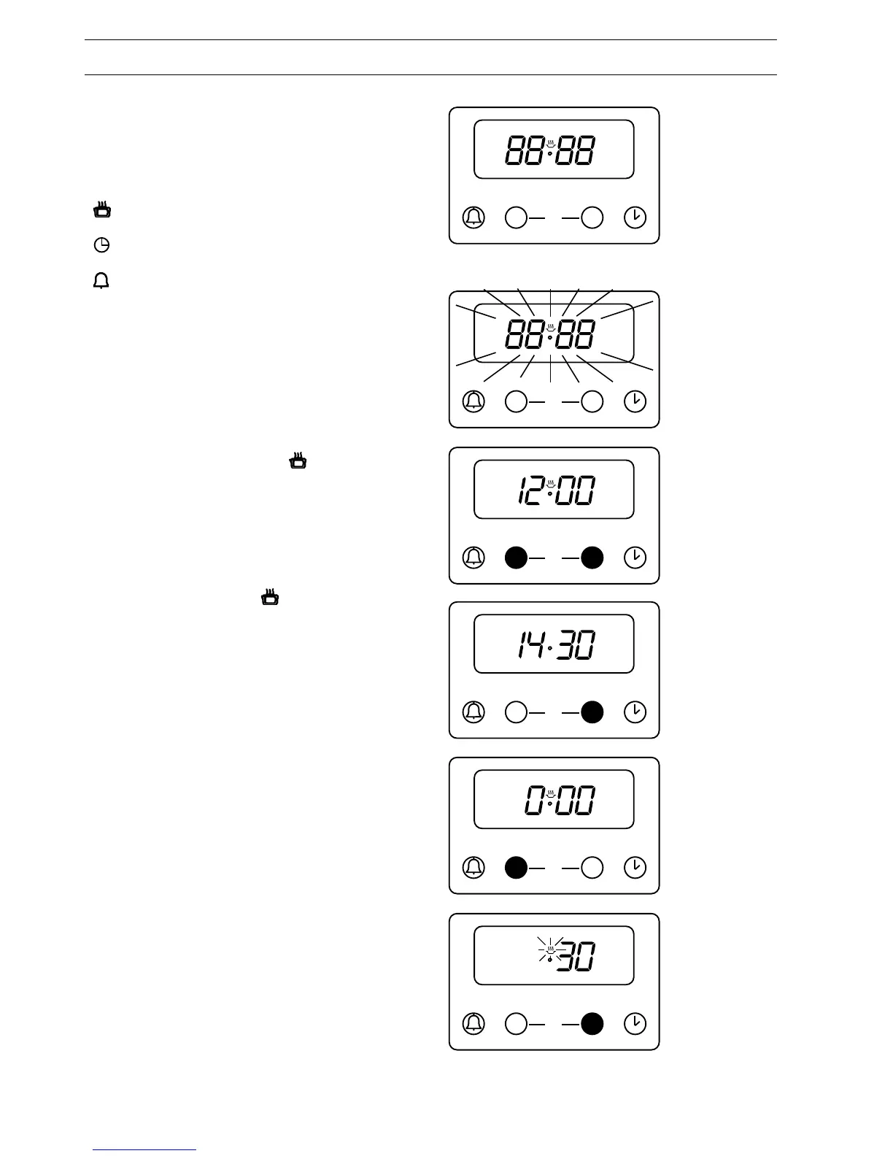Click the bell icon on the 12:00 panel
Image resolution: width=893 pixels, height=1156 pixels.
(473, 558)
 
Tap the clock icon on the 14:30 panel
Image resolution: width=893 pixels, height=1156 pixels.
(635, 712)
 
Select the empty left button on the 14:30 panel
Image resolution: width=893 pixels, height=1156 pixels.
(516, 712)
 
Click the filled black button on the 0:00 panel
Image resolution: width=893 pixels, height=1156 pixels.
(516, 868)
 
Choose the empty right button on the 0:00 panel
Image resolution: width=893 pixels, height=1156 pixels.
(592, 868)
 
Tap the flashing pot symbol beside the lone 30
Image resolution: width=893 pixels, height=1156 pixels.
(550, 949)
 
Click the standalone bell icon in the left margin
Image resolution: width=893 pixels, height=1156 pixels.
(101, 280)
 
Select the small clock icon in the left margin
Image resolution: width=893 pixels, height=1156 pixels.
(102, 245)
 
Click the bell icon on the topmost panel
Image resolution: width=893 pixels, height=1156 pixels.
(473, 217)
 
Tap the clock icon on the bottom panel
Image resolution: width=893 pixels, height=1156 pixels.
(635, 1023)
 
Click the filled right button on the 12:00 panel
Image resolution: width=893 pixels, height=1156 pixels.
(592, 558)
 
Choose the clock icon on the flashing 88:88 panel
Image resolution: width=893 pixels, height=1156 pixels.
(635, 401)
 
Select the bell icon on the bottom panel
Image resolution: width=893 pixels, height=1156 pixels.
(473, 1023)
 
